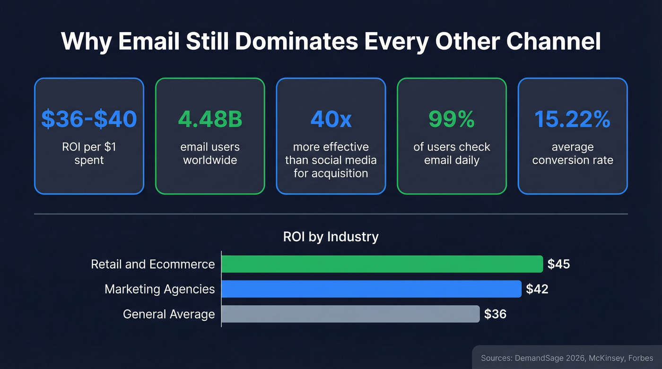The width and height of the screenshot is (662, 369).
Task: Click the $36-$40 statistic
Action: pos(89,120)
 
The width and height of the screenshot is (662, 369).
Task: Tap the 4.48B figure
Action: pos(210,120)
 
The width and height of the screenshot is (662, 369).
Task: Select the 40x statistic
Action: pos(331,120)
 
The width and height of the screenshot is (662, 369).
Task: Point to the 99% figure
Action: pos(452,120)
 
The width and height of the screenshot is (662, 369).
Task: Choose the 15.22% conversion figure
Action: pos(573,120)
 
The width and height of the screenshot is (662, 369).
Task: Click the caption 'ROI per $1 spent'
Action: pos(89,154)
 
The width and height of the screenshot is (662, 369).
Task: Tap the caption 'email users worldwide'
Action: pos(210,154)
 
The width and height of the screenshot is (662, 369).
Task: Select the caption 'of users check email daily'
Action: pos(452,154)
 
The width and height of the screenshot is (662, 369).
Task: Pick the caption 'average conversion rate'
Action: pos(573,154)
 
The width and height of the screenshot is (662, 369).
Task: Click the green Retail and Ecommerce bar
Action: pos(382,264)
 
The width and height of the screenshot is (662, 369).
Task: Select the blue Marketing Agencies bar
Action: pos(371,289)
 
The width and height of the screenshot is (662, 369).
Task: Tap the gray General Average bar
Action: pos(350,314)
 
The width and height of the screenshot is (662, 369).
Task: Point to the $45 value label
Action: pos(558,264)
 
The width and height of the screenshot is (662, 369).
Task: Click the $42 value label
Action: pos(537,289)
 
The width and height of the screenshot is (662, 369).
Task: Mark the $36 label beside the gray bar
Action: pos(495,314)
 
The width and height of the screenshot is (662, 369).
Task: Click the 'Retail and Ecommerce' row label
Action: pos(153,264)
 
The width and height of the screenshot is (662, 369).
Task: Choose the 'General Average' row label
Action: pos(169,314)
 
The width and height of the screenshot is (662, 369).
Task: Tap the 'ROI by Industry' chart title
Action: pos(331,236)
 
